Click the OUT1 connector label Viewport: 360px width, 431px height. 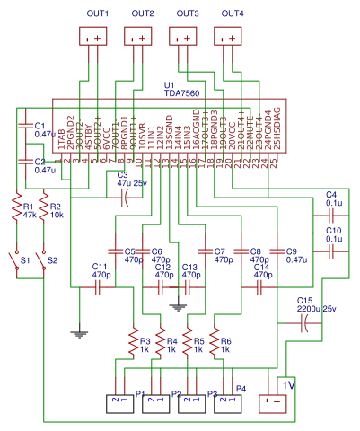click(x=96, y=13)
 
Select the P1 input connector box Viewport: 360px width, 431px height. click(x=119, y=401)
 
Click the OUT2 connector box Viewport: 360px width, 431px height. click(x=139, y=38)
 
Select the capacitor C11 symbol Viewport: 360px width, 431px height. click(x=98, y=288)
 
